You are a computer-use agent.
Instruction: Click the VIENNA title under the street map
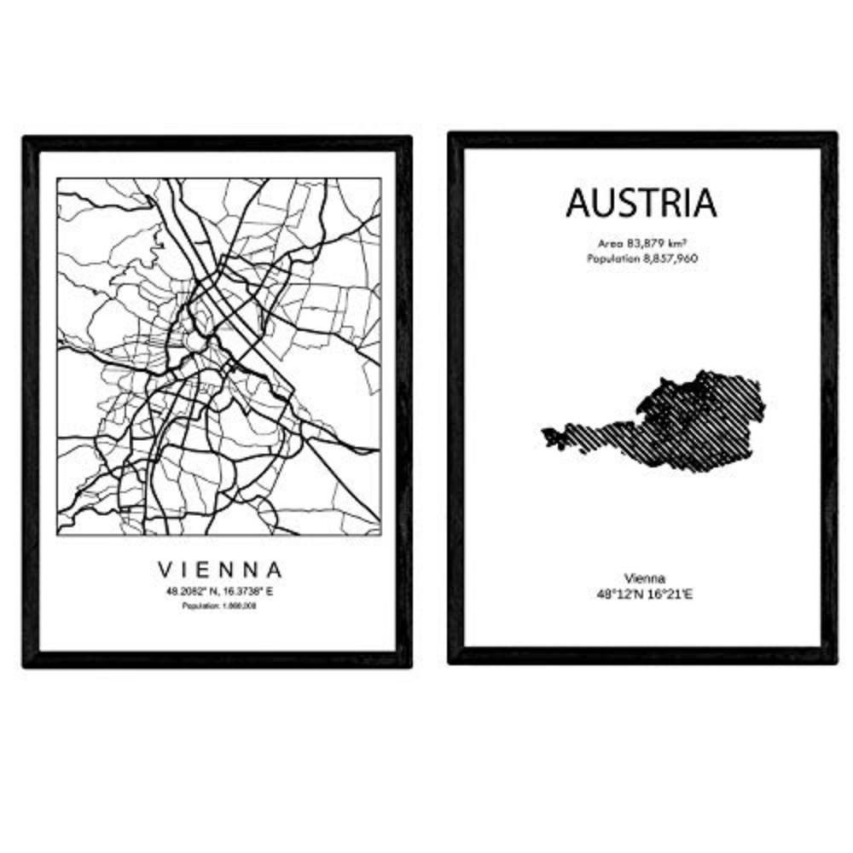(x=219, y=568)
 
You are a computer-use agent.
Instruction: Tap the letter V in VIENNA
(x=163, y=568)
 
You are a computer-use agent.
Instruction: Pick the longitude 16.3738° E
(x=247, y=589)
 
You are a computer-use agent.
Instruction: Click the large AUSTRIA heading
(x=641, y=203)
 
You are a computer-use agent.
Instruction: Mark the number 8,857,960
(x=669, y=257)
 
